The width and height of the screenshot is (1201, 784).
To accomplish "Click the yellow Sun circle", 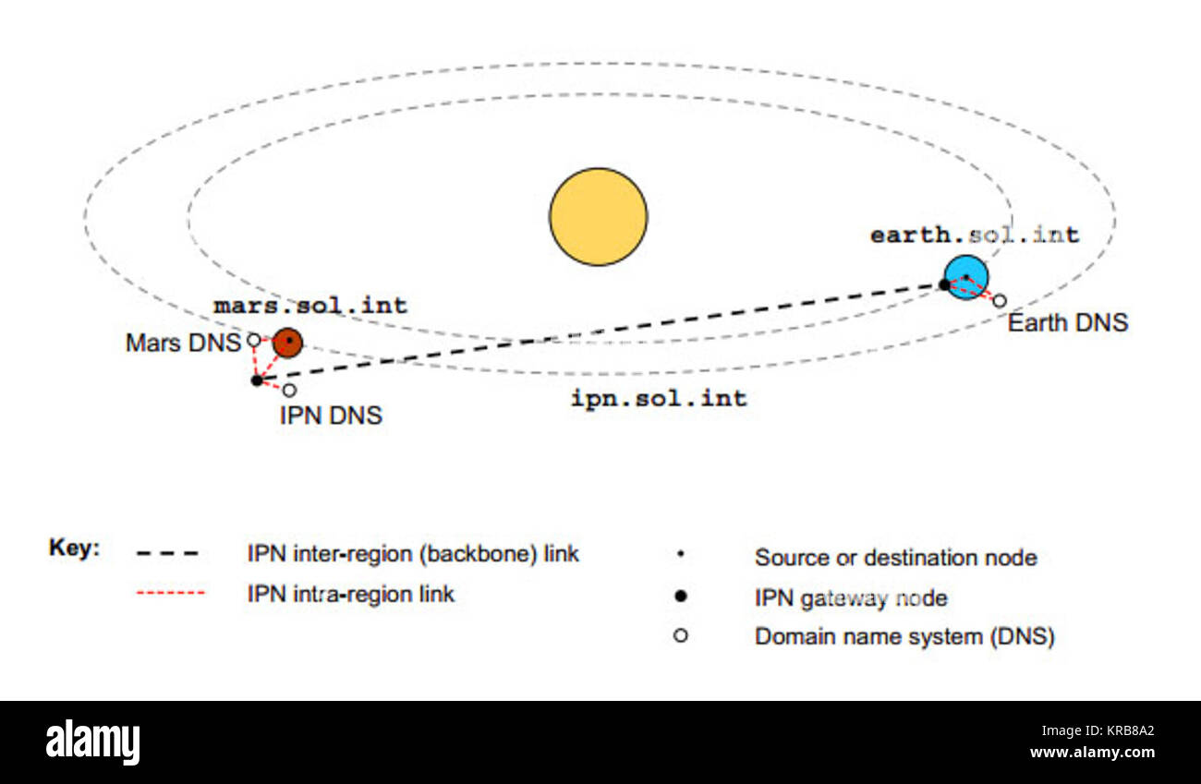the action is click(x=599, y=217).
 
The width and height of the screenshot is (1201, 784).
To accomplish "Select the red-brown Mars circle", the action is click(x=288, y=343).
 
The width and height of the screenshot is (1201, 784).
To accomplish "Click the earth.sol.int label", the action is click(x=975, y=235).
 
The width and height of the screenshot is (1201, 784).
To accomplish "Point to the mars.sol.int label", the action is click(x=310, y=306).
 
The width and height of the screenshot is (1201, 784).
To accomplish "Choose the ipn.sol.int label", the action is click(x=659, y=399).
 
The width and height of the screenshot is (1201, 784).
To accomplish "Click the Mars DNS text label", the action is click(x=183, y=344).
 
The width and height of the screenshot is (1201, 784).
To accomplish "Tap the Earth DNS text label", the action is click(x=1067, y=323).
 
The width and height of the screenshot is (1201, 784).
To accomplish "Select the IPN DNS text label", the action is click(x=331, y=416).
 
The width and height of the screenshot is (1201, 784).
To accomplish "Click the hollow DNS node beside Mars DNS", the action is click(x=253, y=340).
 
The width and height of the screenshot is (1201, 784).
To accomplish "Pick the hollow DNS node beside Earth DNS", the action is click(x=999, y=301).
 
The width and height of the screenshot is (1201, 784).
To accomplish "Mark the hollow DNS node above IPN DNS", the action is click(x=289, y=390).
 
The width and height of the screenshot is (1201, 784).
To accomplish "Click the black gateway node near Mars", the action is click(x=257, y=380).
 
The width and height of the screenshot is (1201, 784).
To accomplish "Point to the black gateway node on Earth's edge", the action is click(x=944, y=284).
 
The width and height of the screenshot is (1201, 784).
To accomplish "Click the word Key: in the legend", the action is click(x=74, y=549).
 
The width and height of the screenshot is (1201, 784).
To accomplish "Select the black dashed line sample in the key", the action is click(x=167, y=554).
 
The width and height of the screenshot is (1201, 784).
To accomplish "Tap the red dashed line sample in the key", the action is click(x=170, y=593).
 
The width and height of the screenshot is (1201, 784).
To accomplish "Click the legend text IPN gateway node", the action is click(x=851, y=598).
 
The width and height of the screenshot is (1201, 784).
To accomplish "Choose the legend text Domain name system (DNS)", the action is click(x=904, y=636).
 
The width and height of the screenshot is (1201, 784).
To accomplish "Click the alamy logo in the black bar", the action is click(x=92, y=742).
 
